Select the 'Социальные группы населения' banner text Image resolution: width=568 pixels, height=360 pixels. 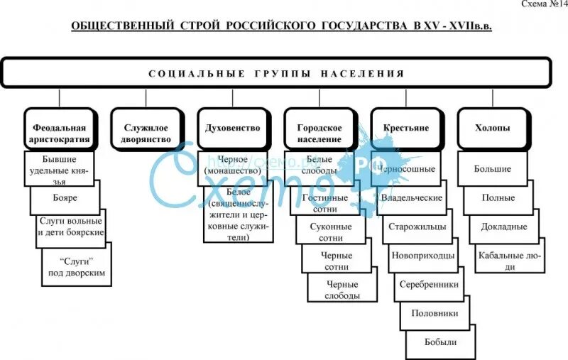277,74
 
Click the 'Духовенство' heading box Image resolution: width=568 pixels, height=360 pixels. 232,129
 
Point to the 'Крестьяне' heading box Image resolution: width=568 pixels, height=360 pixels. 405,129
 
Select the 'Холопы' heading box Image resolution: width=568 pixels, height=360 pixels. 492,129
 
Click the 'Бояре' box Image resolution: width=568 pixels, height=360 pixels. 65,198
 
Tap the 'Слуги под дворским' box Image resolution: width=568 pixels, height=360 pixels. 77,268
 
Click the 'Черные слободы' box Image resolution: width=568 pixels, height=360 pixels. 344,290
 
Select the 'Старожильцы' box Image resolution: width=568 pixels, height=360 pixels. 417,227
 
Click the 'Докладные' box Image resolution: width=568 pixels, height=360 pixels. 503,227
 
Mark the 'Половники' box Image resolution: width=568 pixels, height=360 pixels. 435,313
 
